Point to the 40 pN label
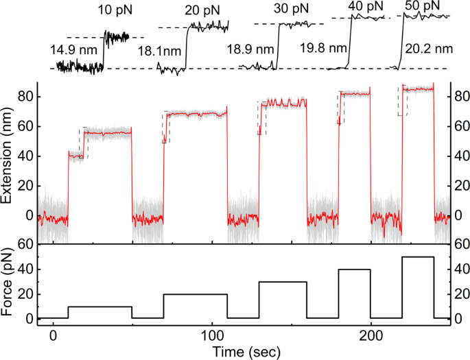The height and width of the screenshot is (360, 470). point(364,6)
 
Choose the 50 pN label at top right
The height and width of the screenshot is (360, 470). point(424,5)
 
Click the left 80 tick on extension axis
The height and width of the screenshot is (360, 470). point(25,96)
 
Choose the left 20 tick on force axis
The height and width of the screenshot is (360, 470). point(25,294)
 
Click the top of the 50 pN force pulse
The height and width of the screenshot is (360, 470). point(418,257)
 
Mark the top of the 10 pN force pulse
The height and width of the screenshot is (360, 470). point(100,307)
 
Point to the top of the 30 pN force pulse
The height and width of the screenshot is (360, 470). point(283,282)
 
